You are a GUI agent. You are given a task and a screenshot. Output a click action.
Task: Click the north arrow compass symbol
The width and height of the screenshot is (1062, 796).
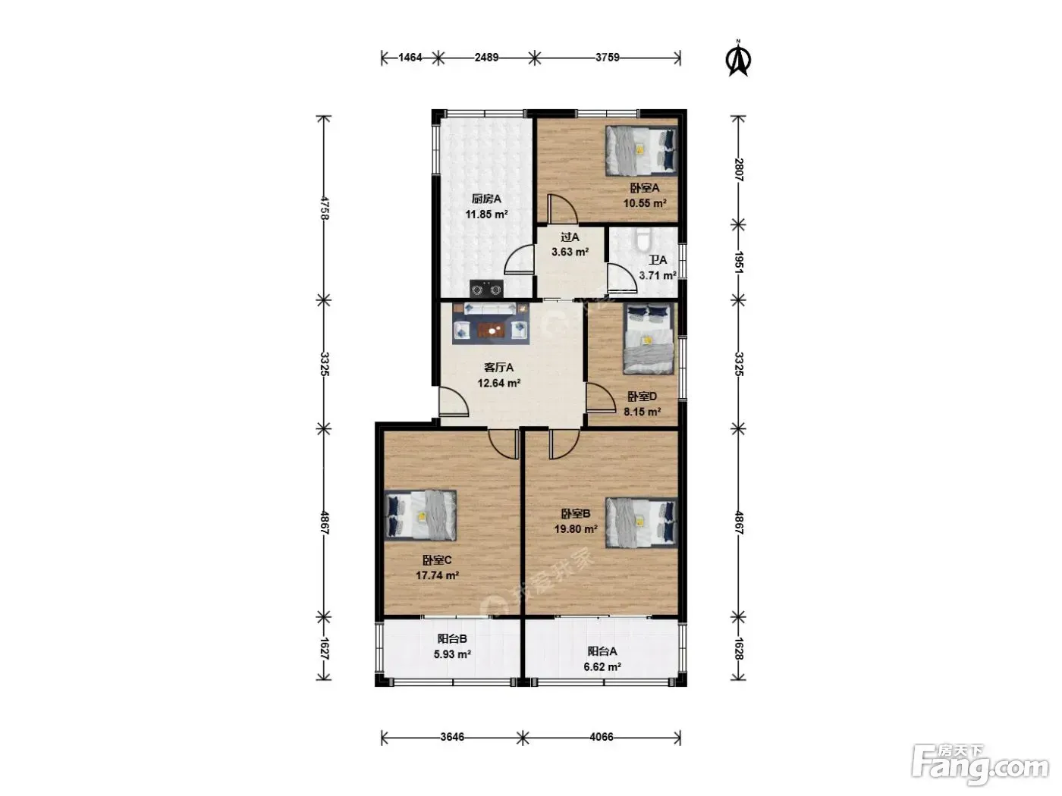pos(738,59)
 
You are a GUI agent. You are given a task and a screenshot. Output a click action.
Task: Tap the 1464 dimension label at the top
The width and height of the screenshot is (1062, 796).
pos(410,58)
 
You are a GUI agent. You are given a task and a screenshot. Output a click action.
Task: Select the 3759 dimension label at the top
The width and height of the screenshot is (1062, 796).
pos(607,58)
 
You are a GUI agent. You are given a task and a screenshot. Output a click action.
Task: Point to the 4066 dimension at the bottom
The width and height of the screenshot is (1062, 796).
pos(602,737)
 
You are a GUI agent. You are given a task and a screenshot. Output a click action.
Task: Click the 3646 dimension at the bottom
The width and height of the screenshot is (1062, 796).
pos(452,737)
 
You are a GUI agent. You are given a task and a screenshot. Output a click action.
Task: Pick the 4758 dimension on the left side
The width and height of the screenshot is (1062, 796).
pos(325,208)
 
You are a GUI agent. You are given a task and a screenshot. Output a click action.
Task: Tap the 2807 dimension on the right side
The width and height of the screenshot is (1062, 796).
pos(739,170)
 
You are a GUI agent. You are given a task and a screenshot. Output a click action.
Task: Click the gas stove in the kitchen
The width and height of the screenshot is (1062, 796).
pos(486,289)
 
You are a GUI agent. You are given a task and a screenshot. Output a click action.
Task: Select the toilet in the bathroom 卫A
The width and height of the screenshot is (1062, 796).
pos(643,239)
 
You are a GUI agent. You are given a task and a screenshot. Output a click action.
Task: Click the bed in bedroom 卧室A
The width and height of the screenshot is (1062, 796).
pos(641,151)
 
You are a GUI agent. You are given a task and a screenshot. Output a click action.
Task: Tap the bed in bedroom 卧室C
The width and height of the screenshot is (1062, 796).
pos(421,516)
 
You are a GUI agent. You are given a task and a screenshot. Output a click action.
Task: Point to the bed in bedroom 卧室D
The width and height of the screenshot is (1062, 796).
pos(649,338)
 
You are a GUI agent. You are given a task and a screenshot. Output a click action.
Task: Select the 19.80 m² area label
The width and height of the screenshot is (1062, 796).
pos(575,529)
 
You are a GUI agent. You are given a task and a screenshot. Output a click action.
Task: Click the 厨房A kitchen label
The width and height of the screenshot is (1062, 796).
pos(486,199)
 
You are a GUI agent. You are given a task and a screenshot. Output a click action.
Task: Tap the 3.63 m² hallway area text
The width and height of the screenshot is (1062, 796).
pos(570,252)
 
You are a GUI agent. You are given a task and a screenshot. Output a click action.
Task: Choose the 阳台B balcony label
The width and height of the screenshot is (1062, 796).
pos(452,639)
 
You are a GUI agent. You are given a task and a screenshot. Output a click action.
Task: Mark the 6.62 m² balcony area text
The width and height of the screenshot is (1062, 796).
pos(602,667)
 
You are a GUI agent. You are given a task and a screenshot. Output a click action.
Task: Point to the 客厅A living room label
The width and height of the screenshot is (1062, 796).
pos(499,368)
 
